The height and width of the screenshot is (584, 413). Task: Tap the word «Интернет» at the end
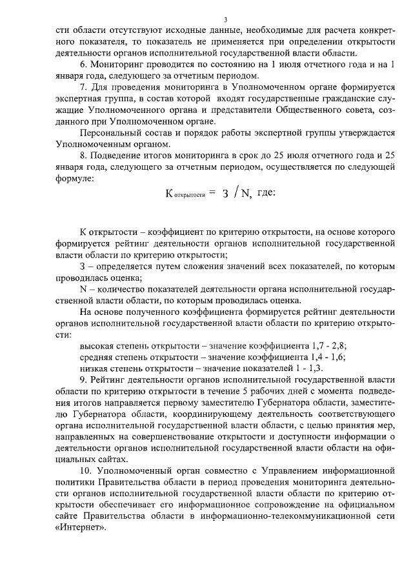pos(79,527)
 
